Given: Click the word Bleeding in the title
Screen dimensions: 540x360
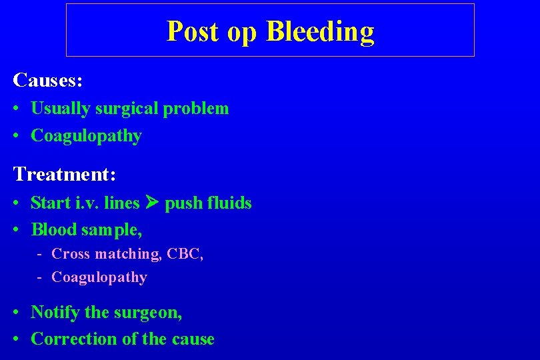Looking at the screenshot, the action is point(320,32).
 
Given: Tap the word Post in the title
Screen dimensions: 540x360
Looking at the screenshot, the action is point(193,31).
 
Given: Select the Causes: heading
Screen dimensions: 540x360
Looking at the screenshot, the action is point(48,81).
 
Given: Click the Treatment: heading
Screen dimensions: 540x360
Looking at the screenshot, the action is point(65,175).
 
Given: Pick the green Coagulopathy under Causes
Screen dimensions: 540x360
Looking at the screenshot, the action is point(86,136).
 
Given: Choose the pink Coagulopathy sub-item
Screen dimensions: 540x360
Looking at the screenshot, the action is point(99,277).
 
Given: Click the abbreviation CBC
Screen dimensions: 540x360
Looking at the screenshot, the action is point(184,254).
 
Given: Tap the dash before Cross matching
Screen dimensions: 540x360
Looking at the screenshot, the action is point(41,254).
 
